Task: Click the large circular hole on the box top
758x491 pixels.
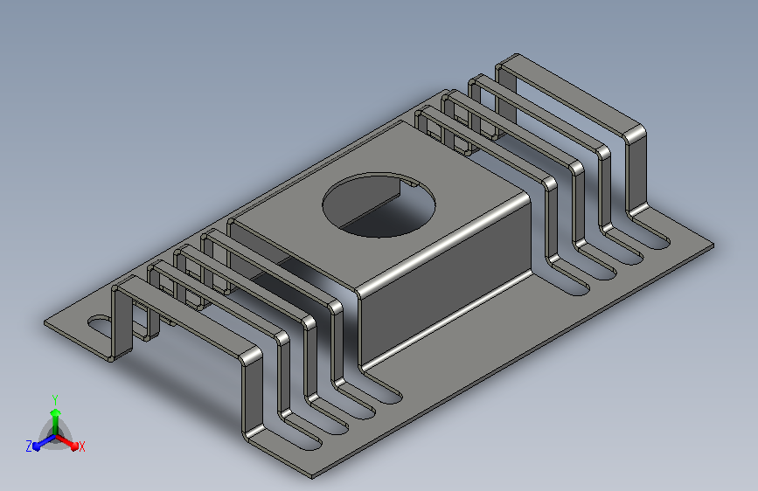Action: click(379, 205)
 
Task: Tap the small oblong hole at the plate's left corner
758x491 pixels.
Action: click(100, 324)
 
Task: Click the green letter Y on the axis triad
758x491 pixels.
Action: click(55, 400)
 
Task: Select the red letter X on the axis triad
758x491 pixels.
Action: click(81, 446)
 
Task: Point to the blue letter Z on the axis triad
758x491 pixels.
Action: click(29, 446)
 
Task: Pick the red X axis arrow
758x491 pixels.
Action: click(66, 441)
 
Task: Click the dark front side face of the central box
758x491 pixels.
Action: click(445, 280)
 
